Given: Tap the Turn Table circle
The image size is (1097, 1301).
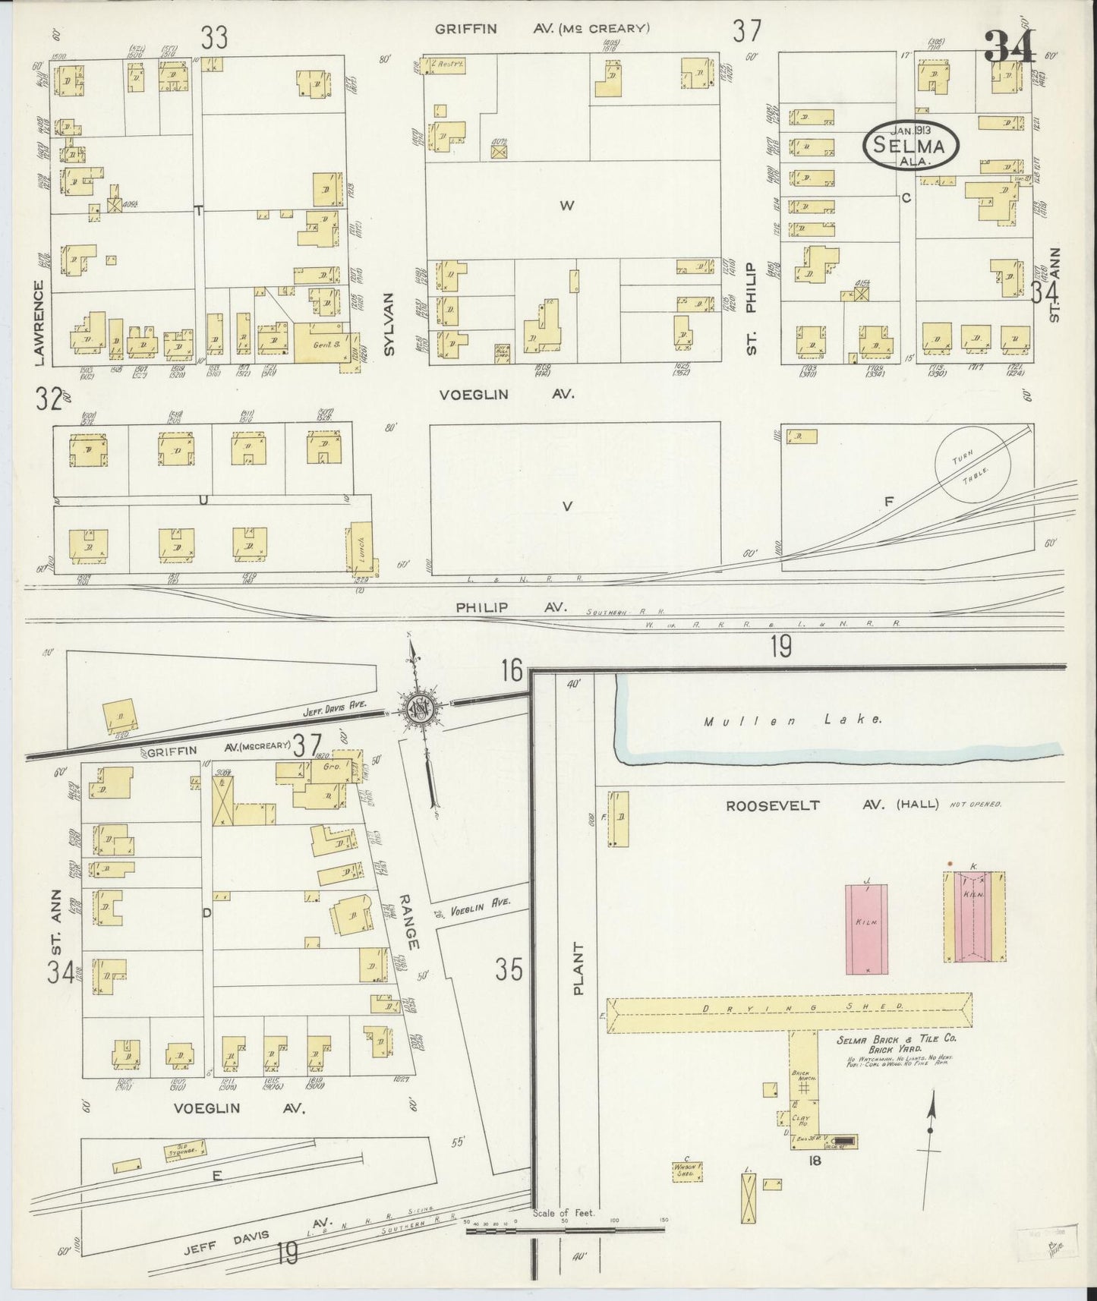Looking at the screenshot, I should click(972, 464).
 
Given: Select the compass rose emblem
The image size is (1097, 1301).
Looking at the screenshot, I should click(419, 707).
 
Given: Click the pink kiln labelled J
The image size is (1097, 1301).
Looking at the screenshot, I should click(866, 928).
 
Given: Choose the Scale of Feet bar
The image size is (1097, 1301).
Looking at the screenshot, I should click(565, 1227).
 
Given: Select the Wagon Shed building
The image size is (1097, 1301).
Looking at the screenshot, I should click(687, 1171).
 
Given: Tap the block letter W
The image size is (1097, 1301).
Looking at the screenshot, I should click(566, 204).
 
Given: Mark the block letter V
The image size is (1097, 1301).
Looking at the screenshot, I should click(566, 506).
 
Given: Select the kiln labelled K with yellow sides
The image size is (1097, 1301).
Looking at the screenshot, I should click(974, 915).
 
